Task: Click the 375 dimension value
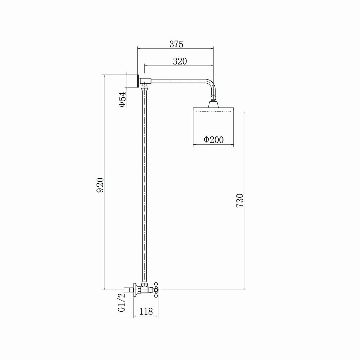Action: click(x=176, y=44)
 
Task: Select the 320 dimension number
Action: click(x=180, y=61)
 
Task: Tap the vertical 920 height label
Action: click(x=100, y=185)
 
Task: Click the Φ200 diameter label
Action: click(x=214, y=139)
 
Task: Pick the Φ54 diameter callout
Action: click(x=122, y=99)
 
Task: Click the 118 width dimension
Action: click(x=146, y=311)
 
